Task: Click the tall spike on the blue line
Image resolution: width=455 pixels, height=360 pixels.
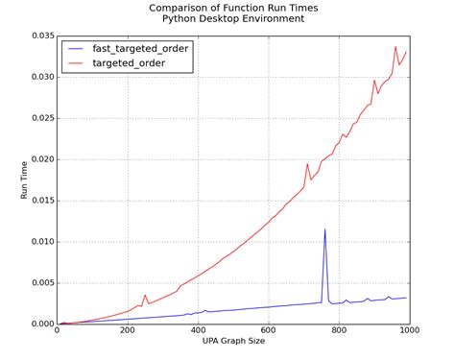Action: point(324,229)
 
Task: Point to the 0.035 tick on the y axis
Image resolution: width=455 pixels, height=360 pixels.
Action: point(38,36)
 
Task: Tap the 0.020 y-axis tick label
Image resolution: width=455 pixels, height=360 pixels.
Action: point(38,159)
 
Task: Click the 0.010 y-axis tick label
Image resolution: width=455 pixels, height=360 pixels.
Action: point(38,242)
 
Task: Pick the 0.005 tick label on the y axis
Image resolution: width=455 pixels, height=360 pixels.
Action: point(38,283)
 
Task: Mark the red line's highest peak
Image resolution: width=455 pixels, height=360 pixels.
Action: point(395,47)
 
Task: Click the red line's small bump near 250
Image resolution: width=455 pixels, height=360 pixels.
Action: point(145,296)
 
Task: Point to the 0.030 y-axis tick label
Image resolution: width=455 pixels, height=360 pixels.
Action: point(38,77)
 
